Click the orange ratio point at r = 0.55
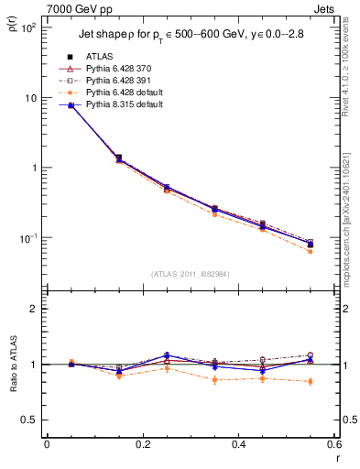coord(310,381)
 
